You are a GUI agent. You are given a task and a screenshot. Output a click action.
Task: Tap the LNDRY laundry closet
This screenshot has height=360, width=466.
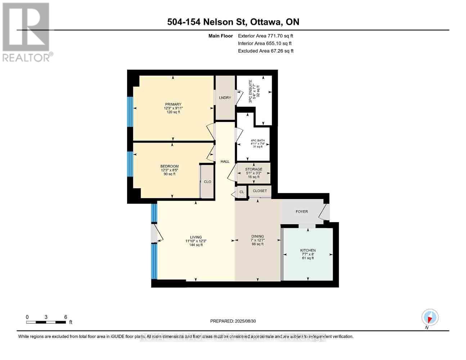tap(225, 98)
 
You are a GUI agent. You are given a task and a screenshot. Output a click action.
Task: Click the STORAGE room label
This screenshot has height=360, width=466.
tap(254, 169)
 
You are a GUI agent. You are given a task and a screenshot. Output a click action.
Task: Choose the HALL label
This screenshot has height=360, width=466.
tap(225, 162)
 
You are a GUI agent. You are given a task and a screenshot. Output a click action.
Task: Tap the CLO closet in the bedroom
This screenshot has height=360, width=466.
tap(207, 182)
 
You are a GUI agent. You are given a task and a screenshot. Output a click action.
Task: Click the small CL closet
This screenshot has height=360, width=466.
tap(242, 192)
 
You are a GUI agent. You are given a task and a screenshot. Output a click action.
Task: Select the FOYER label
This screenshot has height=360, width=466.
tap(302, 212)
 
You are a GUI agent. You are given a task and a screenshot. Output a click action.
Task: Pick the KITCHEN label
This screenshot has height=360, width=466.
tap(308, 251)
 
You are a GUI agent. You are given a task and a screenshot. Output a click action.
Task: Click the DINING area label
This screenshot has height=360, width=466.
tap(258, 237)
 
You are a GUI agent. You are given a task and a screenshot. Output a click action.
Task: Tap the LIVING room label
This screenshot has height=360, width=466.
tap(196, 237)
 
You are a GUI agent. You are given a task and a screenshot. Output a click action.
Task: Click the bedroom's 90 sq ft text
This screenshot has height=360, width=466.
tap(169, 174)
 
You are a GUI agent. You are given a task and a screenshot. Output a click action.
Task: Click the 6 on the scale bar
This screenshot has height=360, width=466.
tap(66, 317)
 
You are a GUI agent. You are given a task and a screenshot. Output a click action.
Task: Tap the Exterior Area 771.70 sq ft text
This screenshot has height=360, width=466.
tap(265, 36)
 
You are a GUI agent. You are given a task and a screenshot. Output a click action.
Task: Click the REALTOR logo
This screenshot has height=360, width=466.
tap(27, 32)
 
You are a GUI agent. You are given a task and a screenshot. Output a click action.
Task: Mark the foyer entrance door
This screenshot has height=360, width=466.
tap(325, 213)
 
